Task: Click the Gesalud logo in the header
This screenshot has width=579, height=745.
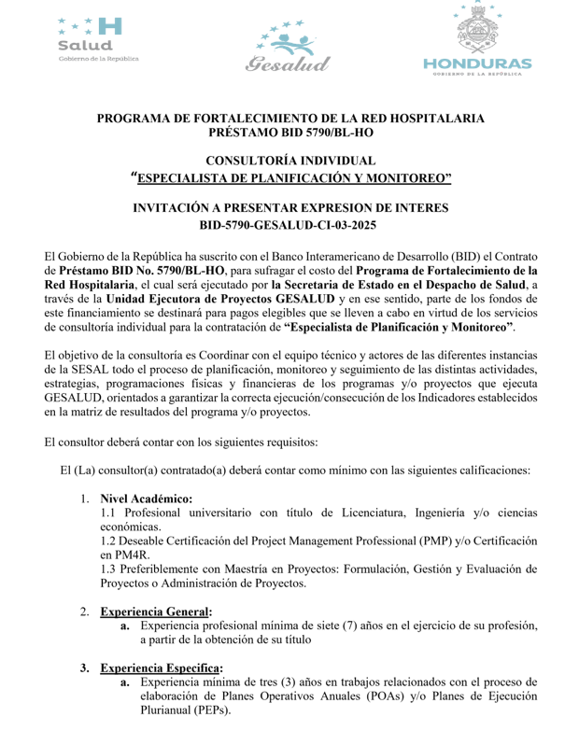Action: pos(289,45)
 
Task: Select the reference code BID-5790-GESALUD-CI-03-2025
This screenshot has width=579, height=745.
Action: pos(289,225)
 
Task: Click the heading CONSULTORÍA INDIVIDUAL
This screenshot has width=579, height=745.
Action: pos(289,162)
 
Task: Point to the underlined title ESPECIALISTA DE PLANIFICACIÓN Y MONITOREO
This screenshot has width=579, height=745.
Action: pos(292,179)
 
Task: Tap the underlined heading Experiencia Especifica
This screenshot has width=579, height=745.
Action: pos(162,668)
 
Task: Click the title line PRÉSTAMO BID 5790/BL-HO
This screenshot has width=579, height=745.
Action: pos(289,134)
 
